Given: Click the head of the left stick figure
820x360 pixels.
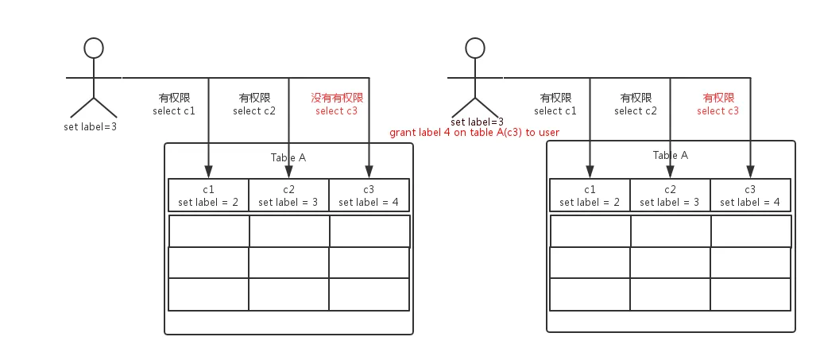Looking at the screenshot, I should [x=95, y=48].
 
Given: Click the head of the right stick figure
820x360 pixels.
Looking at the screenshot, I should [x=475, y=48].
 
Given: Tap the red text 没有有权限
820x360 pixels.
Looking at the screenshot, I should [x=337, y=98].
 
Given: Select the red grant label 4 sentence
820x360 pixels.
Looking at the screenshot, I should [x=474, y=132].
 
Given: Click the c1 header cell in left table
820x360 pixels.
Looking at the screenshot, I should [x=208, y=195].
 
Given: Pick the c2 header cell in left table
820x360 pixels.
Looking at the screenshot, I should [x=288, y=195].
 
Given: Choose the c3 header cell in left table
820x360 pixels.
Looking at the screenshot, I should [x=369, y=195].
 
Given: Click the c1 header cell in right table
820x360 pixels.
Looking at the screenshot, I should [x=590, y=195].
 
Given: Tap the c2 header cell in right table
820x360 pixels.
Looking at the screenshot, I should [x=670, y=195].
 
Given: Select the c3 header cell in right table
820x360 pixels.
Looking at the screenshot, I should [x=750, y=195].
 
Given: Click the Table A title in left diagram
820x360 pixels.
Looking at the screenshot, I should [x=288, y=157].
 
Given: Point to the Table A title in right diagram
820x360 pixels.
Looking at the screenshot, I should [x=670, y=156].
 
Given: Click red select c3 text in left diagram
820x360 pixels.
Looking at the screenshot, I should [x=336, y=111].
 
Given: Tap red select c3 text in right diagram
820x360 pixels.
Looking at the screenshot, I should [x=717, y=111].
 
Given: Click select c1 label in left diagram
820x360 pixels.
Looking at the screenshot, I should [x=174, y=111].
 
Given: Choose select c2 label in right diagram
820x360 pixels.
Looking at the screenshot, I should [x=636, y=111].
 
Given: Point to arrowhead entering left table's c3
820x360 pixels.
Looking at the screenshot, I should [x=369, y=172].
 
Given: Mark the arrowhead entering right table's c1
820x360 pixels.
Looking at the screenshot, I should [x=590, y=172].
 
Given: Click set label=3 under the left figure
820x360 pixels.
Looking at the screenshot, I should [x=91, y=126].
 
